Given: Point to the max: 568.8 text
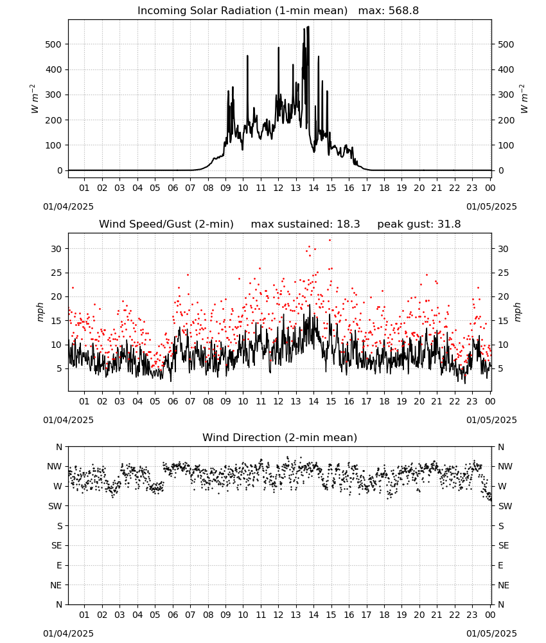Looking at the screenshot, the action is pos(389,11).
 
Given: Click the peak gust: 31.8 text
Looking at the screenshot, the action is pos(419,224).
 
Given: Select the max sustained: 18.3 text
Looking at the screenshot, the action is pos(305,224).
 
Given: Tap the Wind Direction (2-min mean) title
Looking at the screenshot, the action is pos(280,437).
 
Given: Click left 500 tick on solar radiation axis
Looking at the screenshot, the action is pos(53,44).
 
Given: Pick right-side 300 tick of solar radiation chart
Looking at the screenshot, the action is pos(506,95).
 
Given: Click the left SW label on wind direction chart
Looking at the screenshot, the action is pos(55,506).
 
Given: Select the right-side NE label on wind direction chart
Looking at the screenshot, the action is pos(504,585).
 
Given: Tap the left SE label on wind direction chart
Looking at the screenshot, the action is pos(57,545).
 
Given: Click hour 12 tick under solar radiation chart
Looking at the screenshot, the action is pos(278,188).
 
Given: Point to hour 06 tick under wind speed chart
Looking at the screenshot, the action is pos(173,401).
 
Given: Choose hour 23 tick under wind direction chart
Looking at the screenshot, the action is pos(472,615).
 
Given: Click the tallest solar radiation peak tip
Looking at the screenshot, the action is pos(308,26).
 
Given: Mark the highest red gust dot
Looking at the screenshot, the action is pos(330,240).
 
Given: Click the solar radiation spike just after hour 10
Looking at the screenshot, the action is pos(247,56).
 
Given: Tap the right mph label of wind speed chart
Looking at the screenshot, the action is pos(517,312).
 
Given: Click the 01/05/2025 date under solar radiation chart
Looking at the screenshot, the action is pos(491,206).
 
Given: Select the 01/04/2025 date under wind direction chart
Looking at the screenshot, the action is pos(68,633).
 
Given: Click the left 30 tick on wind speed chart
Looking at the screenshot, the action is pos(57,249).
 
